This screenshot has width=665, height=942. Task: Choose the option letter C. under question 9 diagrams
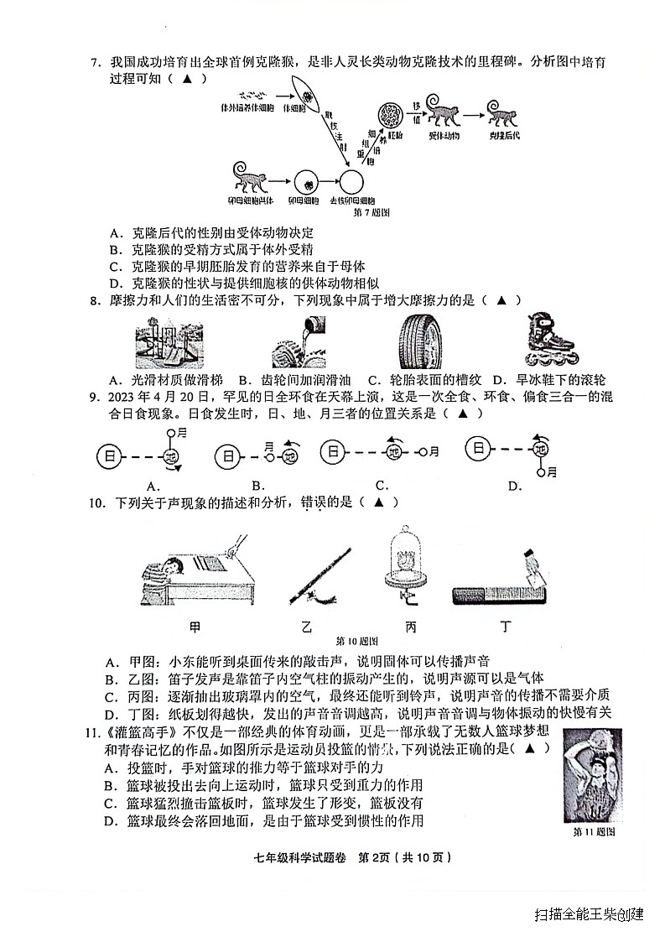382,485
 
